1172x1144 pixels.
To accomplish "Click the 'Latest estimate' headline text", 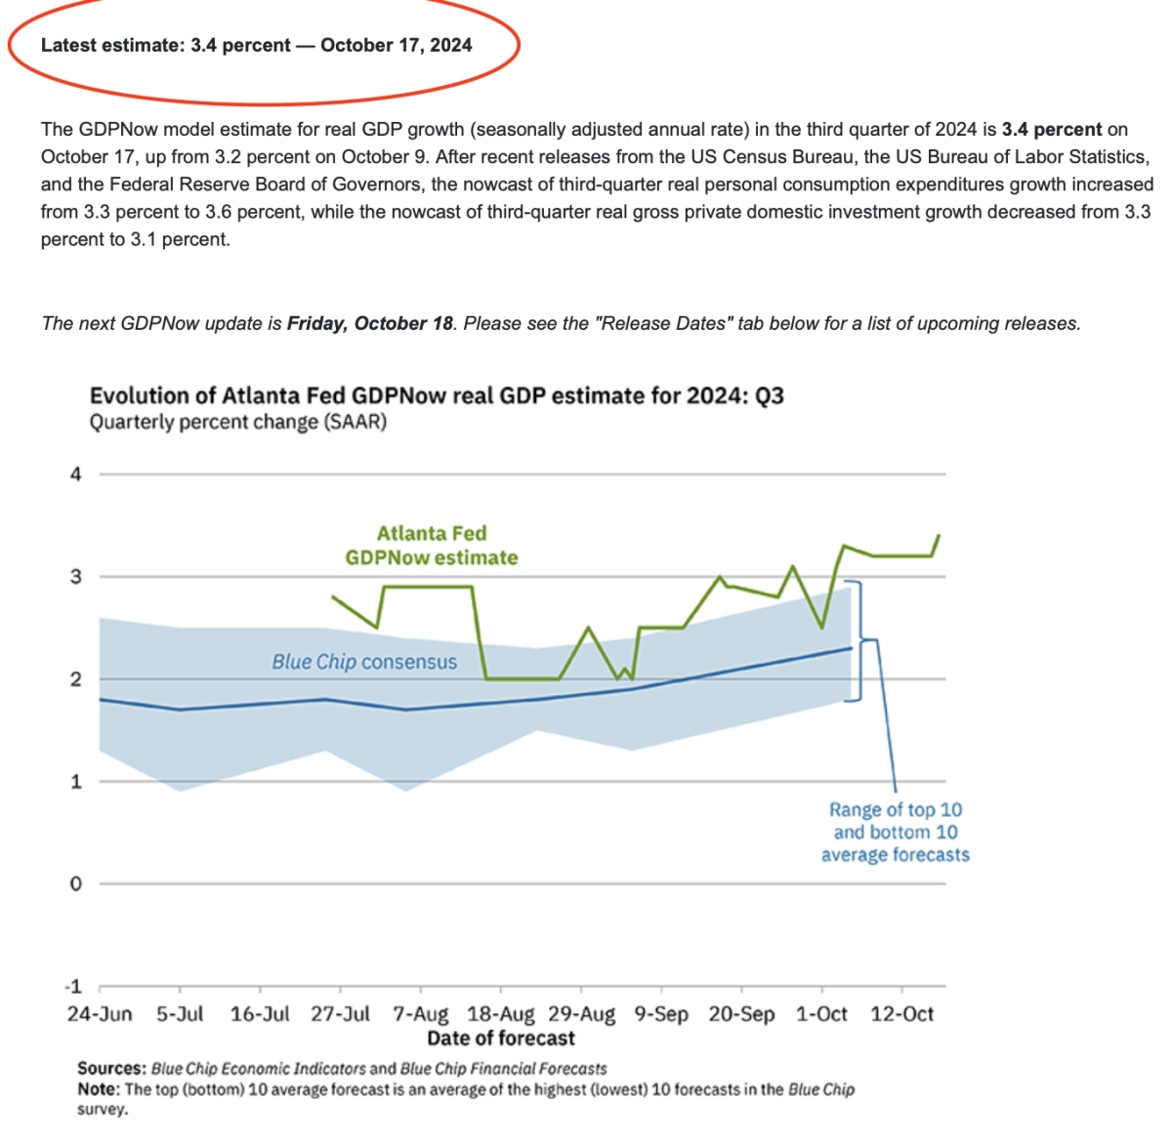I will pos(256,45).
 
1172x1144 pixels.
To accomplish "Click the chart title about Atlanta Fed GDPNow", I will pos(437,395).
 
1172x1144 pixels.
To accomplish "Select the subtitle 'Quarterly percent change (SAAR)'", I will pos(238,422).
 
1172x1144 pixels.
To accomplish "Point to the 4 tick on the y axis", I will pos(75,474).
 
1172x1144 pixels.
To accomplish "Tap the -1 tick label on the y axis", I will pos(73,986).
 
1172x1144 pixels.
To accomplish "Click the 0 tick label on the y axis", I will pos(75,883).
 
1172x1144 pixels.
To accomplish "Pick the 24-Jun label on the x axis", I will pos(100,1014).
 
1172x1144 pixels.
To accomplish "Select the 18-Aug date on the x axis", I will pos(501,1014).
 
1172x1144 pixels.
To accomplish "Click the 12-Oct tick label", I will pos(901,1014).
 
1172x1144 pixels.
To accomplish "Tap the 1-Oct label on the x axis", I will pos(821,1014).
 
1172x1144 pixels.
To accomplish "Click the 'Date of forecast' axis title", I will pos(501,1038).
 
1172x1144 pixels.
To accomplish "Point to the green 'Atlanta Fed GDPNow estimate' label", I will pos(432,546).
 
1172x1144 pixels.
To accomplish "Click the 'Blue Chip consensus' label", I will pos(364,662).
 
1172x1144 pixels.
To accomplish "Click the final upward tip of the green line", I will pos(939,535).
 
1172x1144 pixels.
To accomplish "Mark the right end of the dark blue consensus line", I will pos(852,647).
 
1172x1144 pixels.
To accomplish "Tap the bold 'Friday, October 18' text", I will pos(370,323).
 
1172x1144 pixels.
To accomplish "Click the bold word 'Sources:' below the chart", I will pos(112,1069).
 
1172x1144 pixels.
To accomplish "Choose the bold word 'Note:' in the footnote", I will pos(99,1089).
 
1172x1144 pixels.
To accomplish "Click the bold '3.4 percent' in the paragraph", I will pos(1051,129).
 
